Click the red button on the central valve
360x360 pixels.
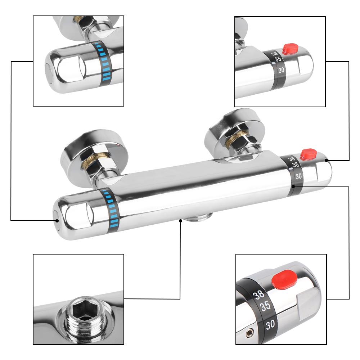coord(309,154)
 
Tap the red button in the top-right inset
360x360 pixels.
coord(291,49)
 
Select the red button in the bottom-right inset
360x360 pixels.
coord(284,280)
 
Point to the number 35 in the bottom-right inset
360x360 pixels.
coord(265,307)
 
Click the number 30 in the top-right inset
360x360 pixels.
coord(282,71)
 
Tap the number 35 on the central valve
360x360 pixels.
coord(295,165)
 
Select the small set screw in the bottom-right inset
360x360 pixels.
coord(249,333)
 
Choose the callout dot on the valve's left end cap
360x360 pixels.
coord(57,220)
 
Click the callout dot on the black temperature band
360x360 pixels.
coord(294,186)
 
